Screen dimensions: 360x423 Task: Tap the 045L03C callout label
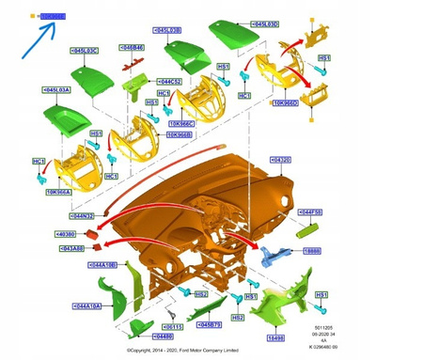coord(86,50)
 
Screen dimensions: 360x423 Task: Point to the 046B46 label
coord(133,47)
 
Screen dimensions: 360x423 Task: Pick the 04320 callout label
coord(280,160)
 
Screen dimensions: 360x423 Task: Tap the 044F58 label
coord(311,212)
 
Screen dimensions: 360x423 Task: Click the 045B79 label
coord(210,324)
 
